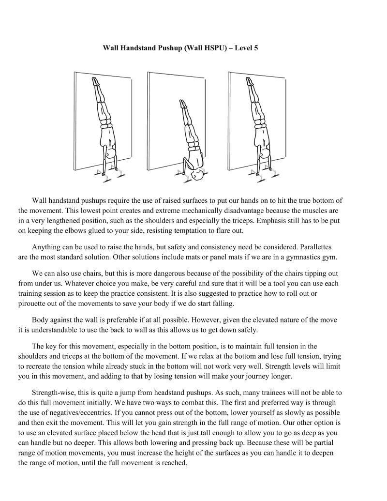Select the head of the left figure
point(111,155)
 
